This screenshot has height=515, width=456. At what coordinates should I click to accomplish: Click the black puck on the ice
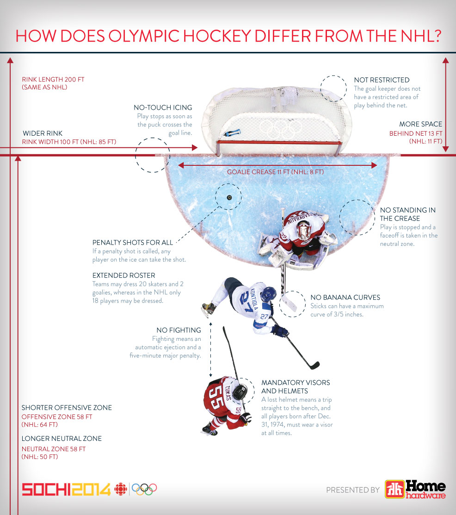[x=229, y=197]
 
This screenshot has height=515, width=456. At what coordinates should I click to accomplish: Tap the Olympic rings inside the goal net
[x=280, y=127]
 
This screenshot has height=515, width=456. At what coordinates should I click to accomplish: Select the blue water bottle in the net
[x=231, y=133]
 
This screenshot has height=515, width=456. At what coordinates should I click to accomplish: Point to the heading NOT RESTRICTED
[x=382, y=80]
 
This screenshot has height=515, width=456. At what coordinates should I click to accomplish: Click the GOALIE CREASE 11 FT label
[x=275, y=172]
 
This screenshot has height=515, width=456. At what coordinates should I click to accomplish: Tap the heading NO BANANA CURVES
[x=345, y=297]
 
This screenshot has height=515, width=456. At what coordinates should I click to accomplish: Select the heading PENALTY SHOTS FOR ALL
[x=133, y=242]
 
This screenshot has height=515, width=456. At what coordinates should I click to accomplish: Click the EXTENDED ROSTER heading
[x=124, y=276]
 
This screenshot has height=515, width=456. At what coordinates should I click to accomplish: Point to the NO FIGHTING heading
[x=179, y=330]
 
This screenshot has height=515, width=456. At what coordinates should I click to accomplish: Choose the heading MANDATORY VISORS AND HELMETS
[x=296, y=387]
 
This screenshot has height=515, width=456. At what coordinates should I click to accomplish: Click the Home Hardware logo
[x=415, y=489]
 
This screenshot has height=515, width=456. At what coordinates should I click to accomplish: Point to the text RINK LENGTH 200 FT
[x=53, y=79]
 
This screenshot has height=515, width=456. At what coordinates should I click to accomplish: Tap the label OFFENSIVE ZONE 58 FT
[x=57, y=416]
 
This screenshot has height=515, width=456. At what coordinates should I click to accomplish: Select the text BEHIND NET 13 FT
[x=415, y=133]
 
